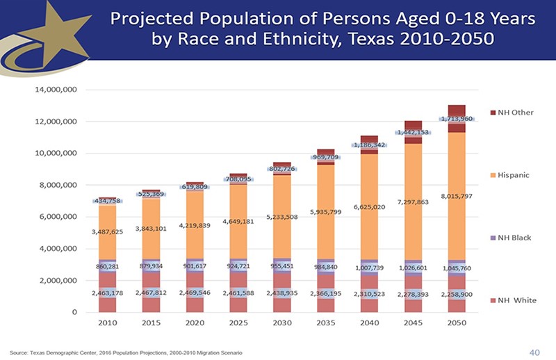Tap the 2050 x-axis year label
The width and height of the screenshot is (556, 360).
pyautogui.click(x=455, y=325)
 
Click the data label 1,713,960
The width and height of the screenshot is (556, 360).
pyautogui.click(x=455, y=119)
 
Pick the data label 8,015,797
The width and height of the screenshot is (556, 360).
pyautogui.click(x=457, y=196)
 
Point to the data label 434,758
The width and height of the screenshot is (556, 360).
pyautogui.click(x=108, y=201)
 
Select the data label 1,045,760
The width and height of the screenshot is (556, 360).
pyautogui.click(x=457, y=268)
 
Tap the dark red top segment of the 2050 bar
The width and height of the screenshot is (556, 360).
pyautogui.click(x=457, y=110)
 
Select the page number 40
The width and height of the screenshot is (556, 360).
pyautogui.click(x=534, y=353)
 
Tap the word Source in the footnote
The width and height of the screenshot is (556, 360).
pyautogui.click(x=22, y=354)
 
